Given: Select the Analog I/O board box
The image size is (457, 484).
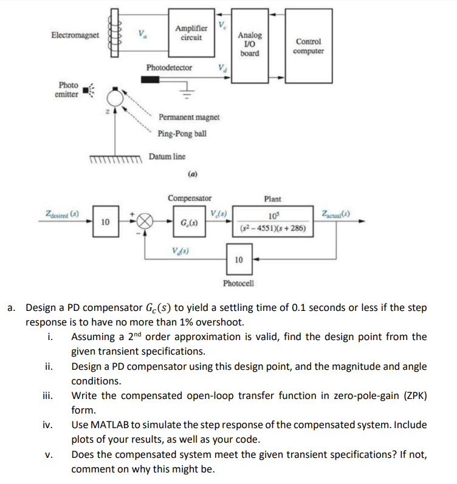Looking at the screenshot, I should point(249,44).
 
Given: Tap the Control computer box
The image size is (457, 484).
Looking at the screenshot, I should point(308,46).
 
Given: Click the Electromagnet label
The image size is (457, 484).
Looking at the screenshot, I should point(75,36).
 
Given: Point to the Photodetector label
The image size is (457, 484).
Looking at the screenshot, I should point(169,67).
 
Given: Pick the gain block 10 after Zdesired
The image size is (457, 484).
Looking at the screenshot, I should point(105,222).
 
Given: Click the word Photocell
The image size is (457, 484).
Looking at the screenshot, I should point(238,284).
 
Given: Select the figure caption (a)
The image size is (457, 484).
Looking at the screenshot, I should point(192,173).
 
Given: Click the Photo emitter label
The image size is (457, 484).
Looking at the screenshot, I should point(67,90).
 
